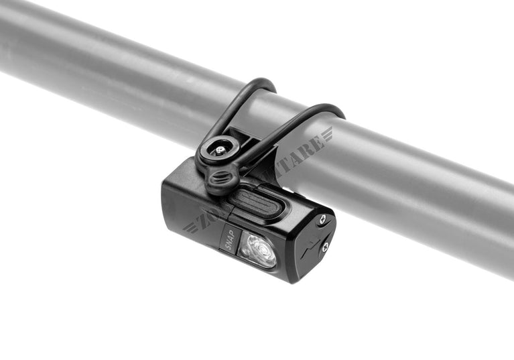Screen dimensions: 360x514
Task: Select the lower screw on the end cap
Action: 324,247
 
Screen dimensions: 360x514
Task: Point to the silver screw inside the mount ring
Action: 218,150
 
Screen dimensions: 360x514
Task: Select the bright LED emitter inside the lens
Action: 263,252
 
